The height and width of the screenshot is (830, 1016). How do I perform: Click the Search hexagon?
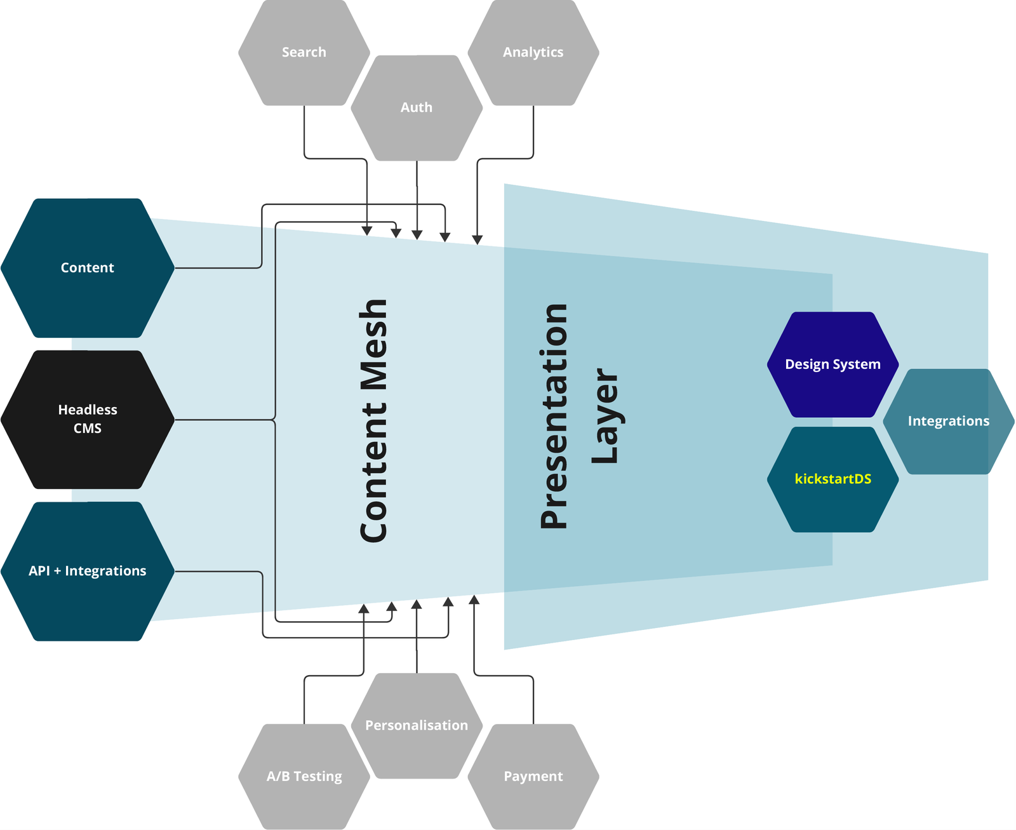pos(304,53)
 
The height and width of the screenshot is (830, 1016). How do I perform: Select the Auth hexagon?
pos(416,108)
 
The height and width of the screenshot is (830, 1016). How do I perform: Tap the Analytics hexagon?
pos(533,53)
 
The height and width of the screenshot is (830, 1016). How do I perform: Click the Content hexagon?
pos(87,268)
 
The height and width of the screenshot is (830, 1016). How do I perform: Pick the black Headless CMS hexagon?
pos(87,419)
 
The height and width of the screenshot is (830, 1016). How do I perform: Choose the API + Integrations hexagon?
pos(87,571)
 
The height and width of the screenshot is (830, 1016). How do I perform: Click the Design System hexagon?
pos(832,365)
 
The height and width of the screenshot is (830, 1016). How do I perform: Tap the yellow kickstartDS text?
pos(832,479)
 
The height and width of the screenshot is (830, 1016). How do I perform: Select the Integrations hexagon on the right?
pos(948,421)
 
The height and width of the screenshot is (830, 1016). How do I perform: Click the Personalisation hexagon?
pos(416,725)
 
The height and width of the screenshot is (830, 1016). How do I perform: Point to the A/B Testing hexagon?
pos(304,776)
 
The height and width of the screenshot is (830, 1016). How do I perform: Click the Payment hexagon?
pos(533,776)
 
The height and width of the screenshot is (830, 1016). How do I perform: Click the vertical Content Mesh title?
pos(373,420)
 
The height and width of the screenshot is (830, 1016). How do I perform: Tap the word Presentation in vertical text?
pos(554,416)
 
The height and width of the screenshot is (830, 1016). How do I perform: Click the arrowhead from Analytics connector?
pos(477,240)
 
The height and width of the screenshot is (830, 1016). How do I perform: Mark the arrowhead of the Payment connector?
pos(474,599)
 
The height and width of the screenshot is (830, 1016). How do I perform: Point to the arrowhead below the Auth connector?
pos(417,235)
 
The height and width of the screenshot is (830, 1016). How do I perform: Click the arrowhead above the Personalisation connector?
pos(417,604)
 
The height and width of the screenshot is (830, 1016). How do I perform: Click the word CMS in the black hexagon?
pos(87,429)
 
